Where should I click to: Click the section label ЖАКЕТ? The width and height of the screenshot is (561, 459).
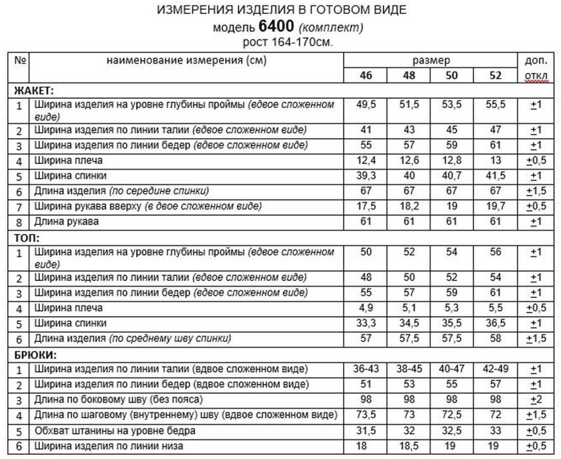(35, 91)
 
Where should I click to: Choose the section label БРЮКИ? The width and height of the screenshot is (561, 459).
(34, 354)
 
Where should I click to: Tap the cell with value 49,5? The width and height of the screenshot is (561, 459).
(365, 105)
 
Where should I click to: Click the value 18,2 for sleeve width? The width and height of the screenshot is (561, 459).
(408, 206)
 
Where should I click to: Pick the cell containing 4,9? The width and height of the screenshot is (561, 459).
(365, 308)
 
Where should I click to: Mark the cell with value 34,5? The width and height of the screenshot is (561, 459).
(408, 323)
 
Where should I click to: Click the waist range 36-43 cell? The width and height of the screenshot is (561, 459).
(365, 368)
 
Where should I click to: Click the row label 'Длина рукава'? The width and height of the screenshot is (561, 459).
(65, 221)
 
